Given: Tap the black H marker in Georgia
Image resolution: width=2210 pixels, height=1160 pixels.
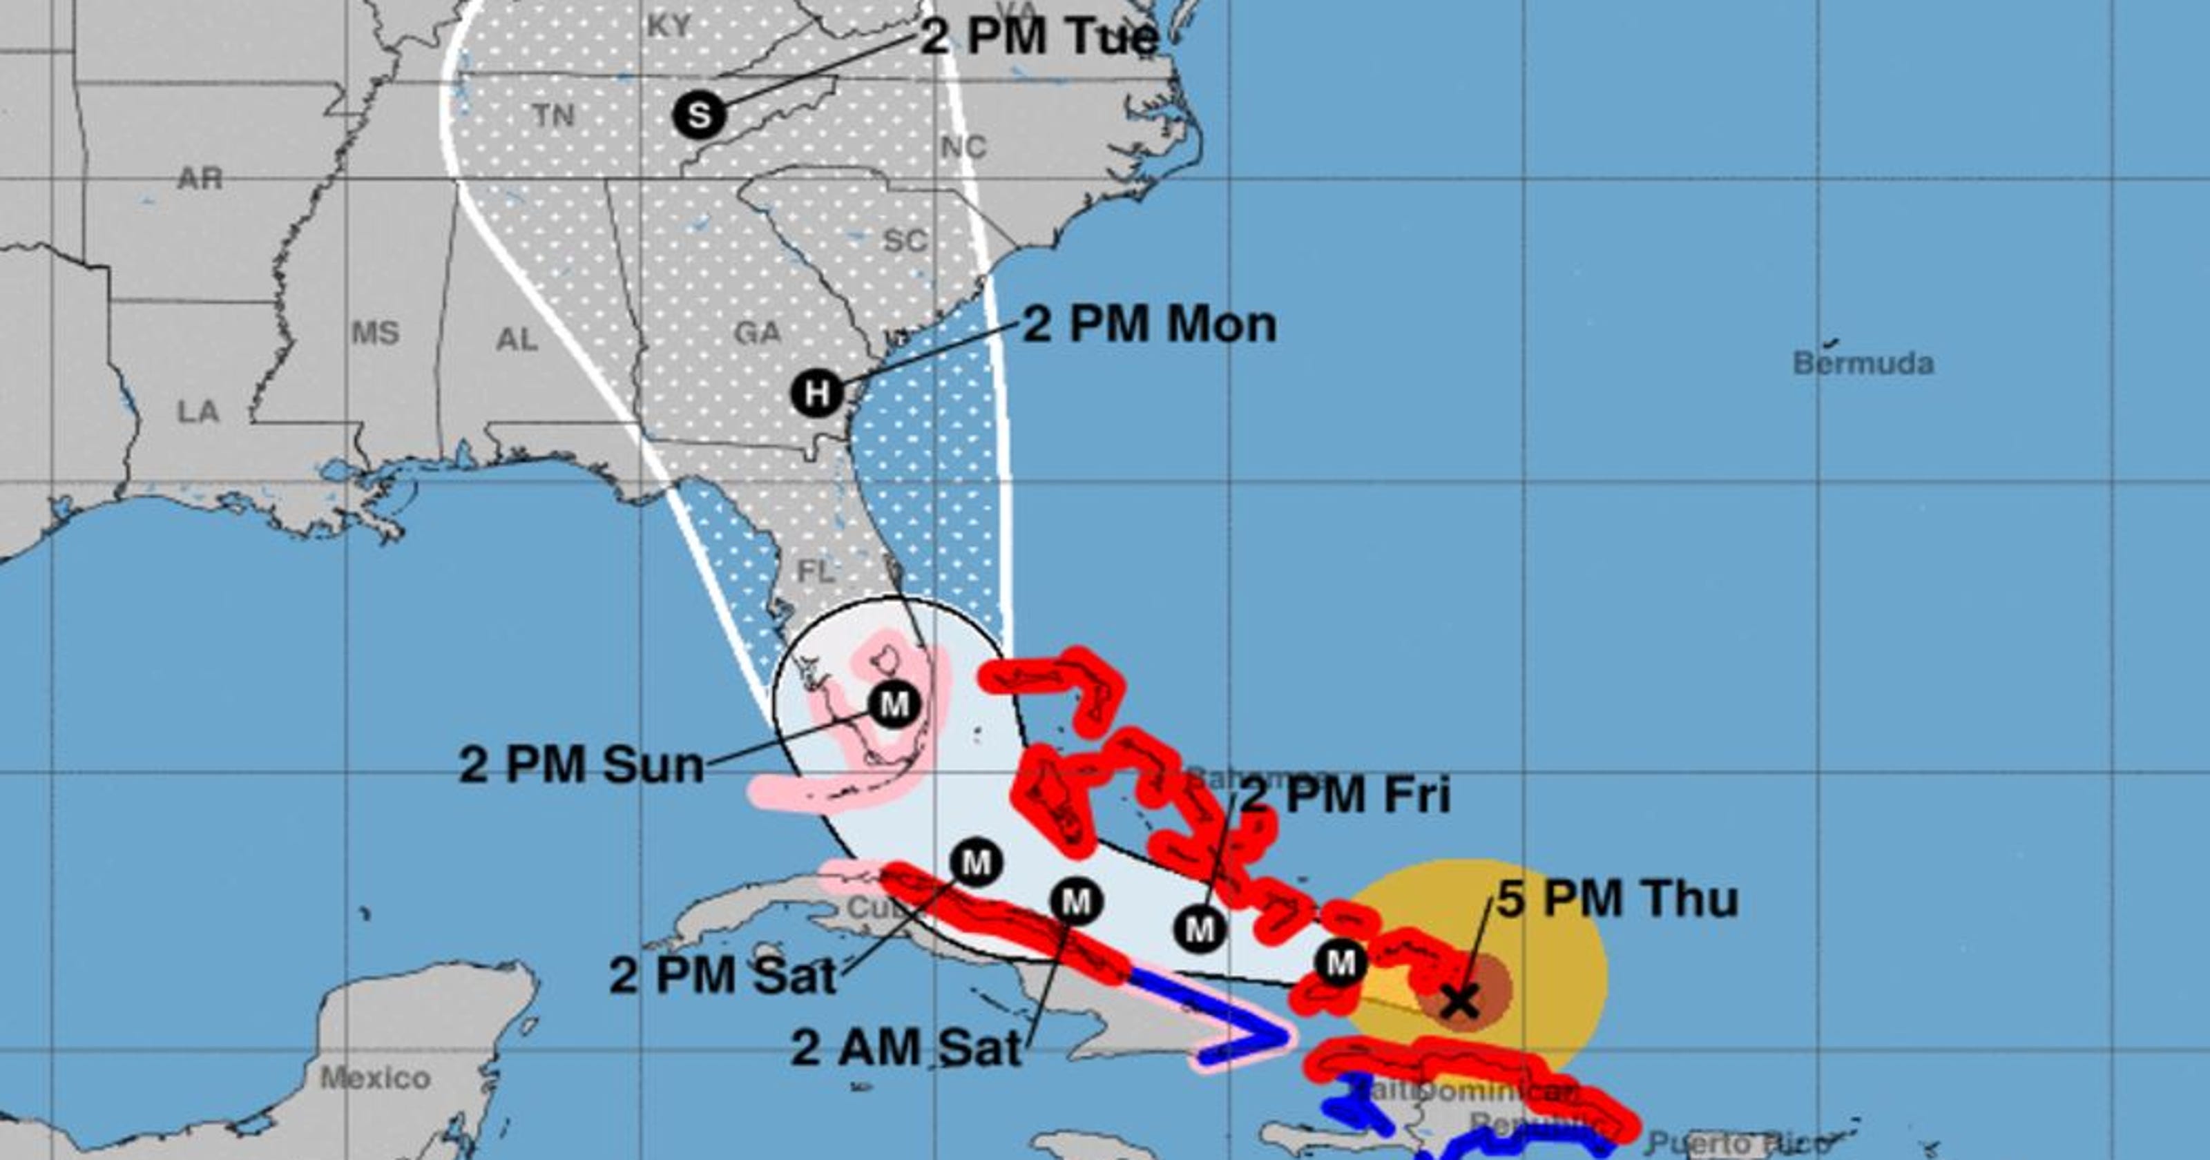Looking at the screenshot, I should (x=817, y=394).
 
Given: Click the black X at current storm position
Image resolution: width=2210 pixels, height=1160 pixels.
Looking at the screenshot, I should (x=1459, y=1000).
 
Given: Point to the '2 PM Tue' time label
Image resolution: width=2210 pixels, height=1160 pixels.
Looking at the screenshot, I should (x=1040, y=37).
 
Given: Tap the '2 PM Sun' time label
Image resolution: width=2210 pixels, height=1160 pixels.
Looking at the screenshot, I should (x=582, y=764).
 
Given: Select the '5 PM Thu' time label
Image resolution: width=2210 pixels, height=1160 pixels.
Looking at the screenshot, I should (x=1617, y=899).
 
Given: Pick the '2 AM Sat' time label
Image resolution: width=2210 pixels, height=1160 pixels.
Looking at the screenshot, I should (x=906, y=1047).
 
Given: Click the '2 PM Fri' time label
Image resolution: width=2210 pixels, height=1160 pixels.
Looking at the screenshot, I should (x=1347, y=795).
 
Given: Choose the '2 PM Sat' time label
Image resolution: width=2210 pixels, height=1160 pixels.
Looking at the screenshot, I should (x=722, y=976).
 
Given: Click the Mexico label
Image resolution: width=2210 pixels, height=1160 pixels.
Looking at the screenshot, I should (x=375, y=1078).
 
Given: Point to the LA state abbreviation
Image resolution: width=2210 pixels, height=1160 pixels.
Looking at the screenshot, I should (x=198, y=412).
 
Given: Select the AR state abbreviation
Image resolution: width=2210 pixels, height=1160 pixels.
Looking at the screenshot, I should (x=200, y=178).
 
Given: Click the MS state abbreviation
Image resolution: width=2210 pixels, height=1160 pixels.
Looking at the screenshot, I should (x=375, y=333).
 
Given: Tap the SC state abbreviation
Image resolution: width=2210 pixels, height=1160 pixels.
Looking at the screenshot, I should (x=904, y=241).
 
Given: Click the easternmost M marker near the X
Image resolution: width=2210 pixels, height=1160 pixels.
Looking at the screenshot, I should (x=1340, y=963).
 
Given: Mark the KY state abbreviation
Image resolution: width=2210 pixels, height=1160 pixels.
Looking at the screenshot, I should (x=669, y=26).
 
